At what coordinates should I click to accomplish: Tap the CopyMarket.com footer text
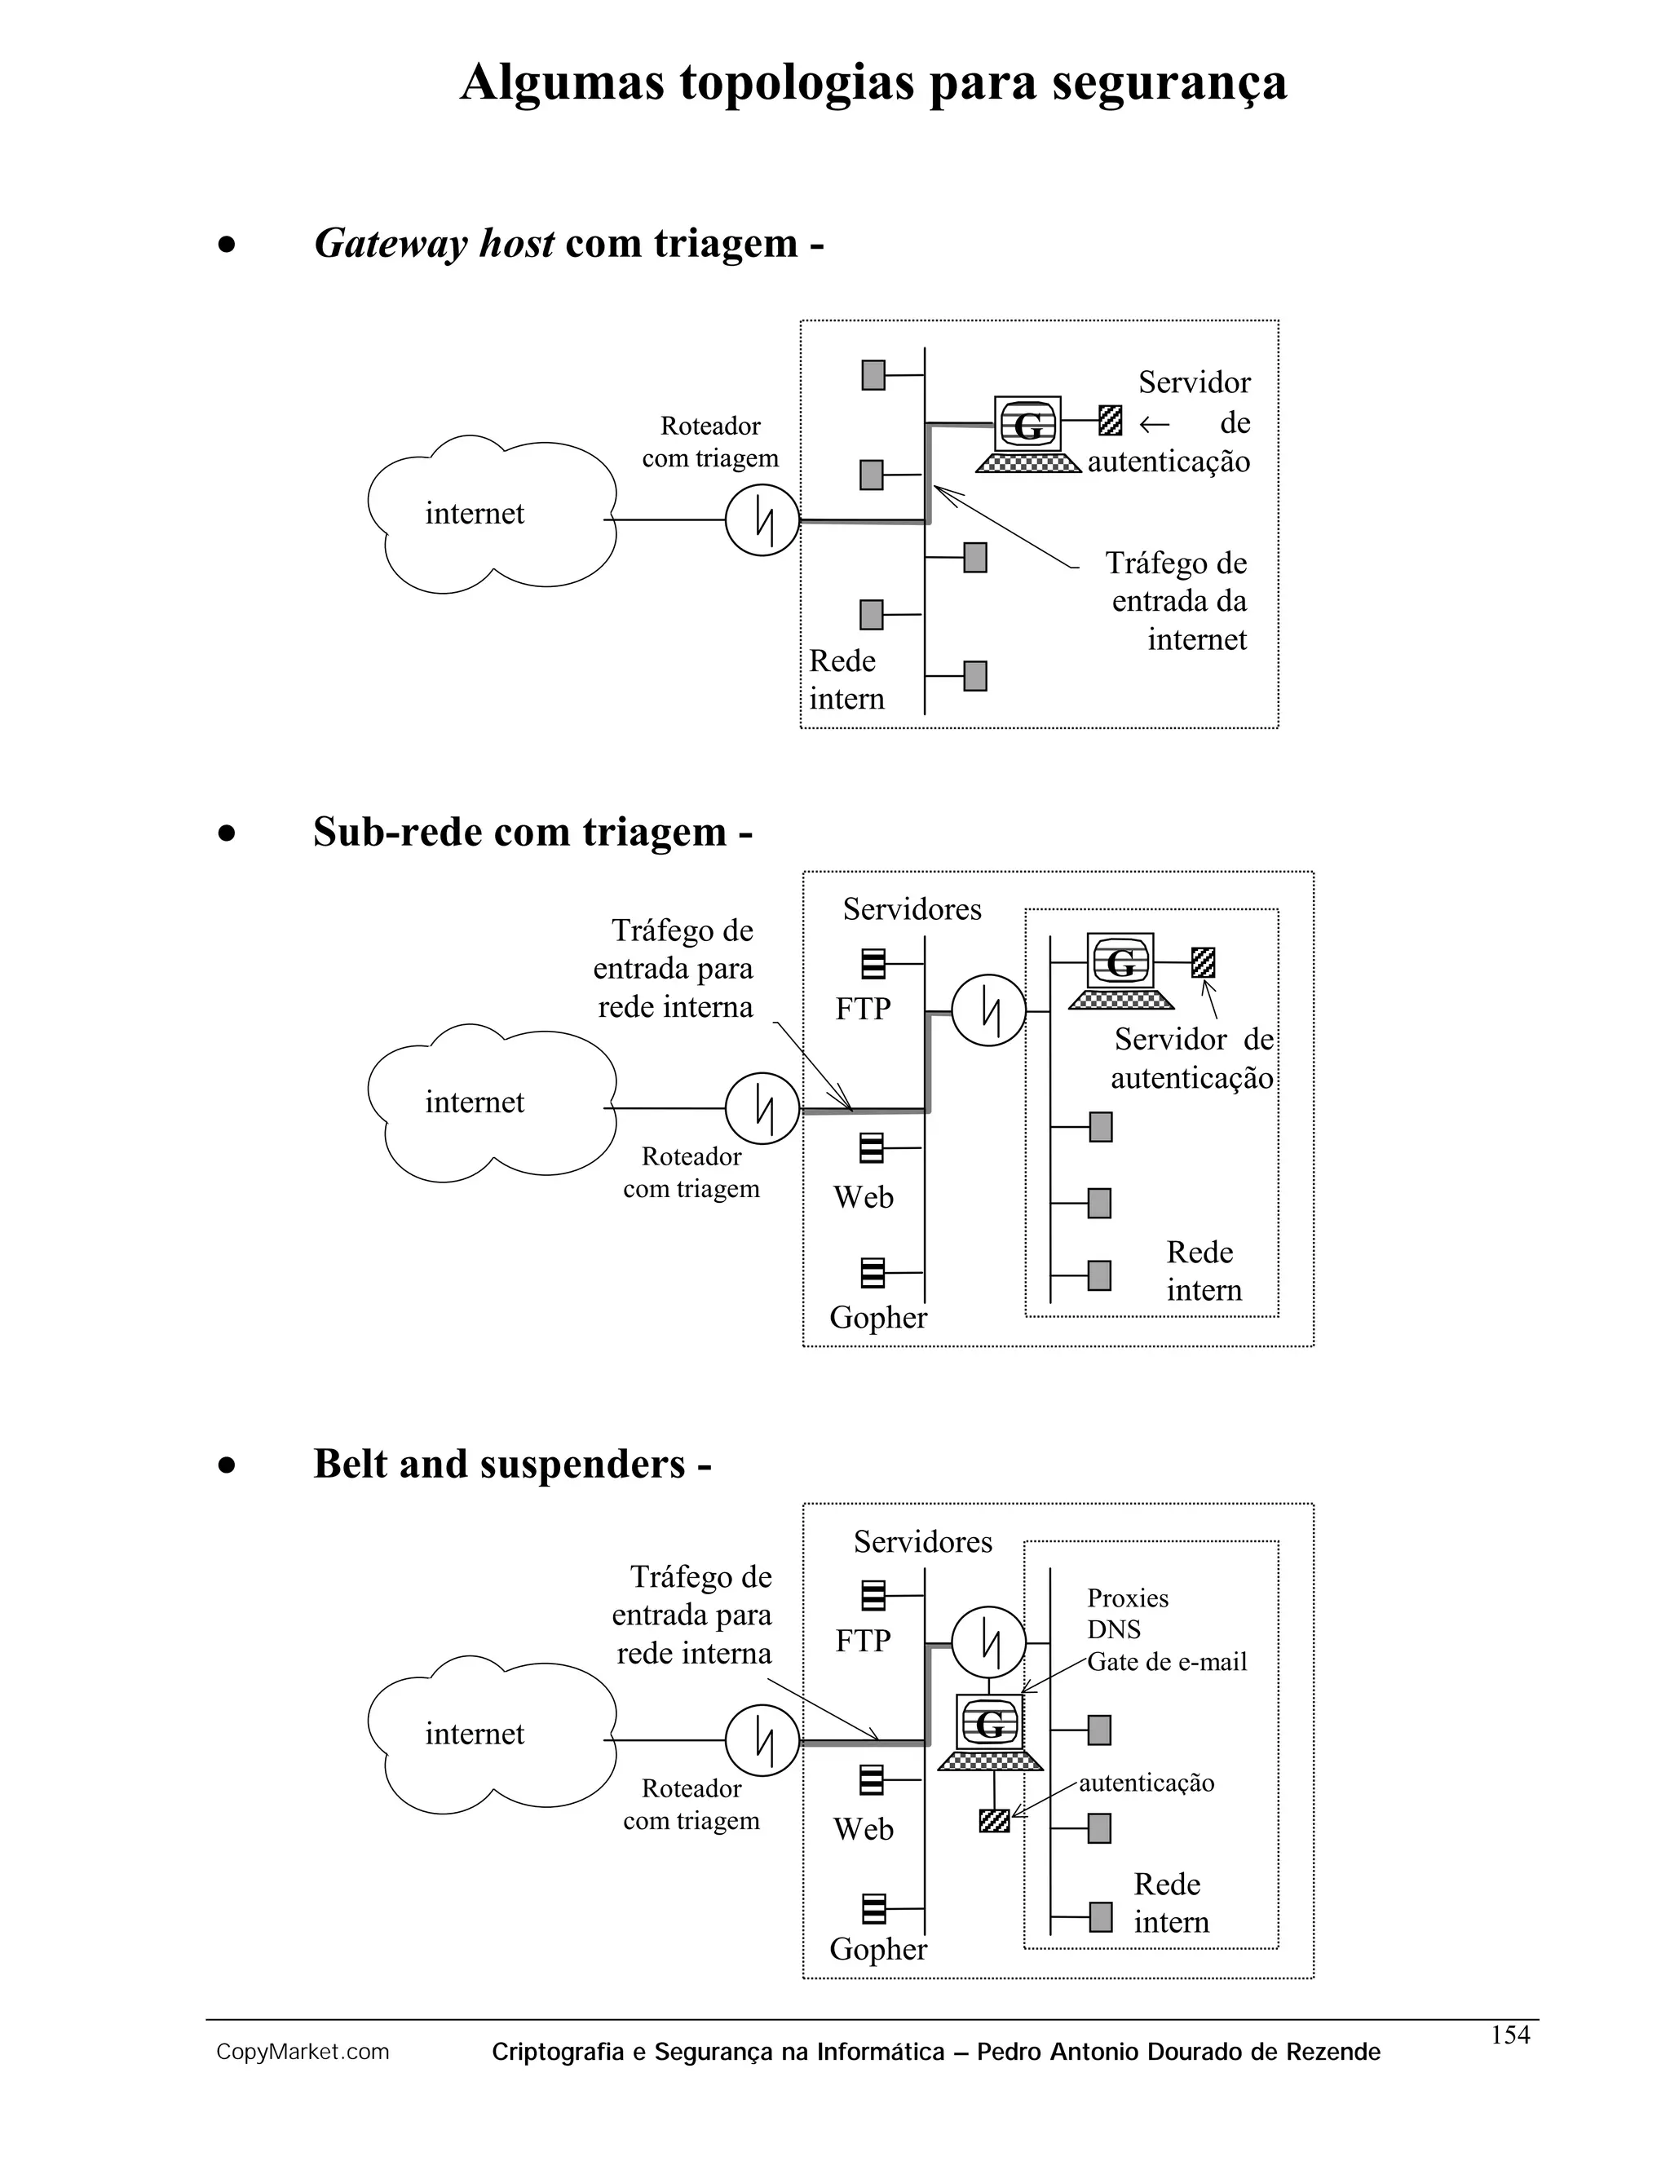tap(303, 2053)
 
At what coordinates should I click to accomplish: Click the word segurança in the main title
tap(1169, 83)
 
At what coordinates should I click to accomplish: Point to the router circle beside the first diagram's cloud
tap(762, 519)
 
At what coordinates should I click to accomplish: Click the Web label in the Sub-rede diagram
tap(863, 1197)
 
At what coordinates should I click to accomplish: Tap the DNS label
tap(1113, 1628)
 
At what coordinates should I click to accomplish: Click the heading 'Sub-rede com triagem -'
tap(532, 832)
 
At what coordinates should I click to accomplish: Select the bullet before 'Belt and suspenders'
tap(228, 1465)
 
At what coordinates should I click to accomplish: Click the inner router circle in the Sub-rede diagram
tap(987, 1011)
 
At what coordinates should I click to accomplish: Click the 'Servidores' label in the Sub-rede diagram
tap(911, 909)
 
